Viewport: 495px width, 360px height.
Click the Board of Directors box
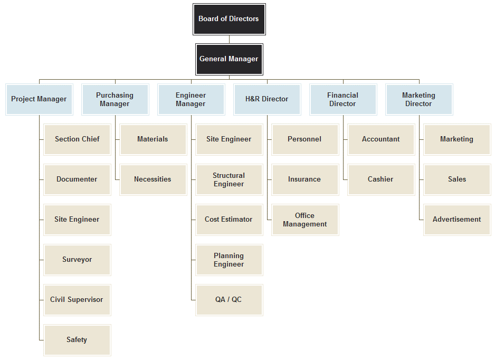click(229, 19)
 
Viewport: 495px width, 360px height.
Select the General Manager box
click(229, 59)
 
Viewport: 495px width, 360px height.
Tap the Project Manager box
click(39, 99)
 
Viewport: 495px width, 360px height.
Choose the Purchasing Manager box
click(115, 99)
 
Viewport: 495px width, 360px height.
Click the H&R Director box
click(267, 99)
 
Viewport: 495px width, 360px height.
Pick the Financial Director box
click(342, 99)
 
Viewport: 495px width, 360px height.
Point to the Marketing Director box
click(418, 99)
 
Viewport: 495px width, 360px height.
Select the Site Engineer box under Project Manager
click(77, 220)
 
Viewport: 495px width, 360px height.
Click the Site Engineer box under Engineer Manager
click(229, 139)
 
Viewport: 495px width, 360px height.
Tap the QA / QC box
click(229, 300)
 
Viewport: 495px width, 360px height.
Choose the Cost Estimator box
click(229, 220)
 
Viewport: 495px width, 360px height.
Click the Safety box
click(77, 340)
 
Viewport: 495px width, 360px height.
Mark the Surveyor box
click(77, 260)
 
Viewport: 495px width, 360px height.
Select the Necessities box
click(153, 179)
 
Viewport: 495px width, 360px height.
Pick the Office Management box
click(305, 220)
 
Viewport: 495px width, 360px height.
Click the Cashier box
click(380, 179)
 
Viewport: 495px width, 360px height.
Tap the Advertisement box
click(457, 220)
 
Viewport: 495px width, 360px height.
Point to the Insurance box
click(305, 179)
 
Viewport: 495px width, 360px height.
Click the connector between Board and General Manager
click(229, 40)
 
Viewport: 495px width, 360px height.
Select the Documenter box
click(77, 179)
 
